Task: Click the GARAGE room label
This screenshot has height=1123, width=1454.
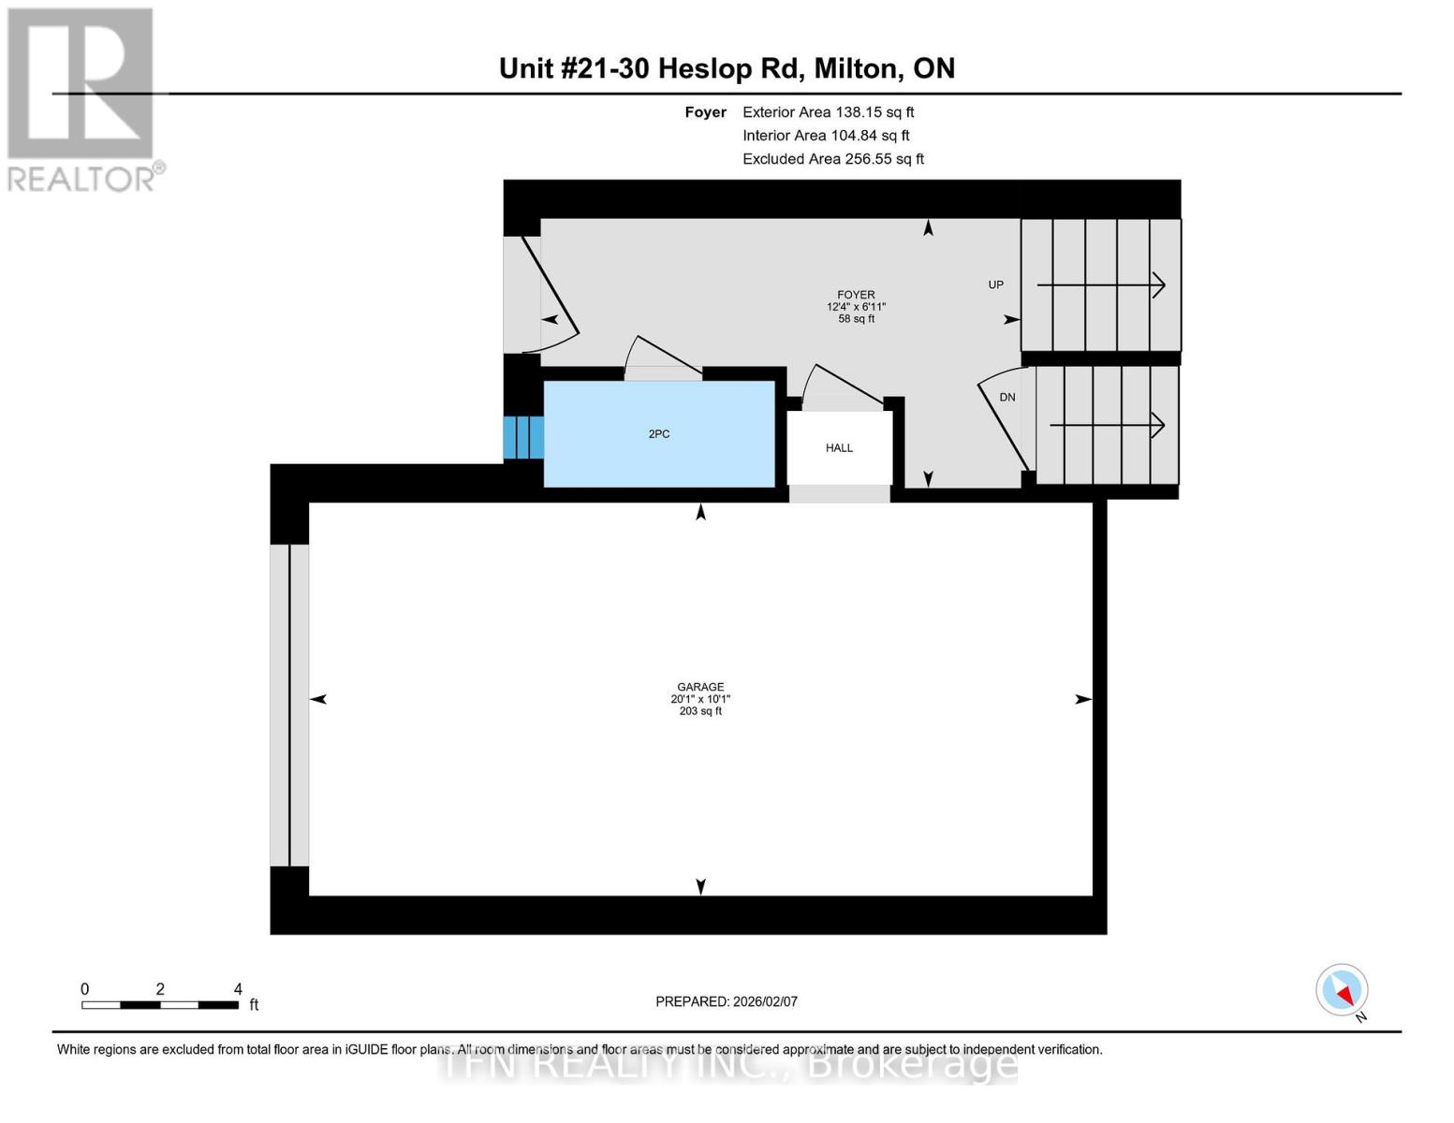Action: (x=700, y=687)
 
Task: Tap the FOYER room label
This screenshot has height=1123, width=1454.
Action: (x=856, y=295)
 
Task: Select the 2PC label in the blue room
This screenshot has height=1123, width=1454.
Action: (x=659, y=434)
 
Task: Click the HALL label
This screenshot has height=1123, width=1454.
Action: (x=839, y=448)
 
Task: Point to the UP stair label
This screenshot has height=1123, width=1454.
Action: (x=996, y=284)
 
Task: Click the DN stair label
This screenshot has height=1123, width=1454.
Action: (x=1007, y=398)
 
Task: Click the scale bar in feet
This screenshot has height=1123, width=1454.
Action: (x=159, y=1005)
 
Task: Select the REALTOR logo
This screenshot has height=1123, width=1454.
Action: (x=82, y=98)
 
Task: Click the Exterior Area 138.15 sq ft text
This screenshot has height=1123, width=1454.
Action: (x=828, y=112)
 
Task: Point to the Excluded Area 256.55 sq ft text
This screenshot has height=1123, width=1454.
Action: (x=832, y=159)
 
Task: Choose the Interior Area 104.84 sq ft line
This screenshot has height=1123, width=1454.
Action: (x=826, y=136)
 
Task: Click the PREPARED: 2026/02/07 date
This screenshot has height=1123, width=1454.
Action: (x=727, y=1001)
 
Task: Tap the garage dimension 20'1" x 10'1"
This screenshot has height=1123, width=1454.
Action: (x=700, y=699)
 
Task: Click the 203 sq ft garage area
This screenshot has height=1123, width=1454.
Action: (x=700, y=711)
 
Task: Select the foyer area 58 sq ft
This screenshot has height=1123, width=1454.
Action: (x=856, y=319)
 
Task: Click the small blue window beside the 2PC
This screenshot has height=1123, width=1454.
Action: (x=523, y=437)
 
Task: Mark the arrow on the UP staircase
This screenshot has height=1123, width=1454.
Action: (x=1101, y=284)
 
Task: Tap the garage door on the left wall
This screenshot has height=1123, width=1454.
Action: (x=289, y=705)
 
